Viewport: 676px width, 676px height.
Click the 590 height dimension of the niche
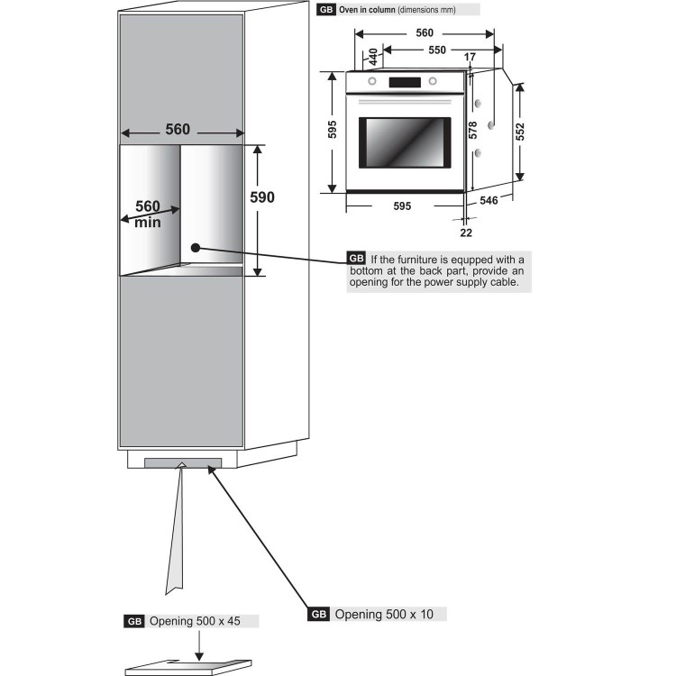262,197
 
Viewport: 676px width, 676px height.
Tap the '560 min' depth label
148,214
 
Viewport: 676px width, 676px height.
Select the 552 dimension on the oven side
520,132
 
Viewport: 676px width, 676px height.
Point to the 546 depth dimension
489,200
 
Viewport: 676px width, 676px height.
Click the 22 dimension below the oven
466,233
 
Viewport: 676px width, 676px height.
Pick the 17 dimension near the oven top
470,57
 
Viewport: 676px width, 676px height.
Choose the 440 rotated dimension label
373,57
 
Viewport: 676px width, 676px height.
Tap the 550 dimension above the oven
437,50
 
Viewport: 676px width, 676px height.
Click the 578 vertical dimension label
473,130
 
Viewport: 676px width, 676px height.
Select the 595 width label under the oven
402,206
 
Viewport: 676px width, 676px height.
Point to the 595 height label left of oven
332,129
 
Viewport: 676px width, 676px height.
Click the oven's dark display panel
405,82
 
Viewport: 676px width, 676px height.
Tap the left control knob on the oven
372,81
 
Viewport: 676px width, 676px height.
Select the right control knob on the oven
433,81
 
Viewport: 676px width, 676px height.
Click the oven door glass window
405,142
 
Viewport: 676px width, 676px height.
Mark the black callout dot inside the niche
196,248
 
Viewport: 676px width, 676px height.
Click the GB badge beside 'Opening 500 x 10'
318,615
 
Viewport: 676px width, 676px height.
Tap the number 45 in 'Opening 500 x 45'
233,621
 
